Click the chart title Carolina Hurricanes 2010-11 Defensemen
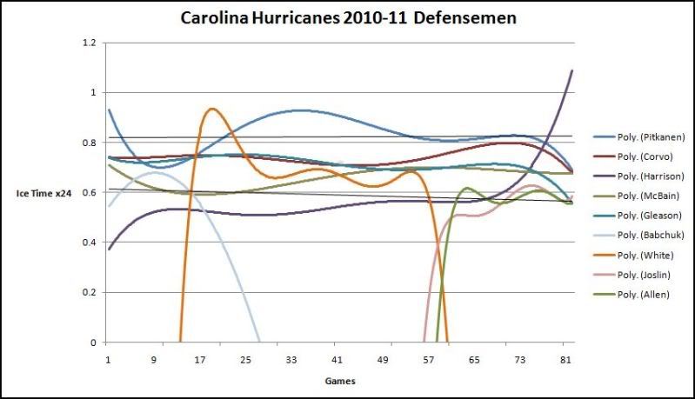(x=348, y=17)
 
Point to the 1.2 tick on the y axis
(x=88, y=42)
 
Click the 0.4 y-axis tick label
(x=88, y=242)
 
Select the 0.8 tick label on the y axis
(x=88, y=142)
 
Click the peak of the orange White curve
(x=211, y=109)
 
